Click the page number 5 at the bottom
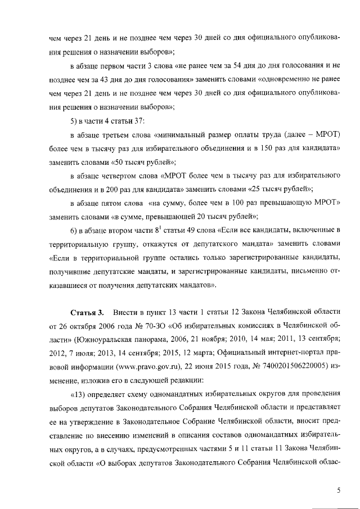339,490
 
